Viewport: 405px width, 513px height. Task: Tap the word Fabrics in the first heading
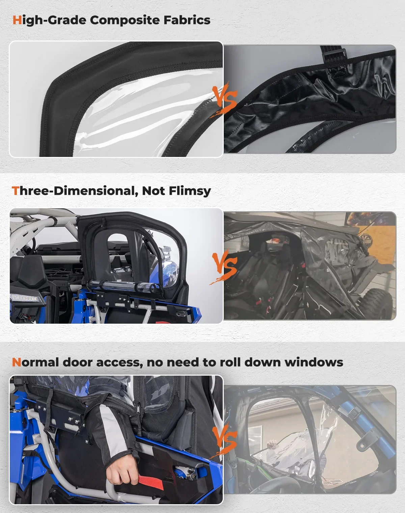coord(187,20)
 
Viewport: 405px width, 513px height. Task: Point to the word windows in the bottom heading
coord(314,362)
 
